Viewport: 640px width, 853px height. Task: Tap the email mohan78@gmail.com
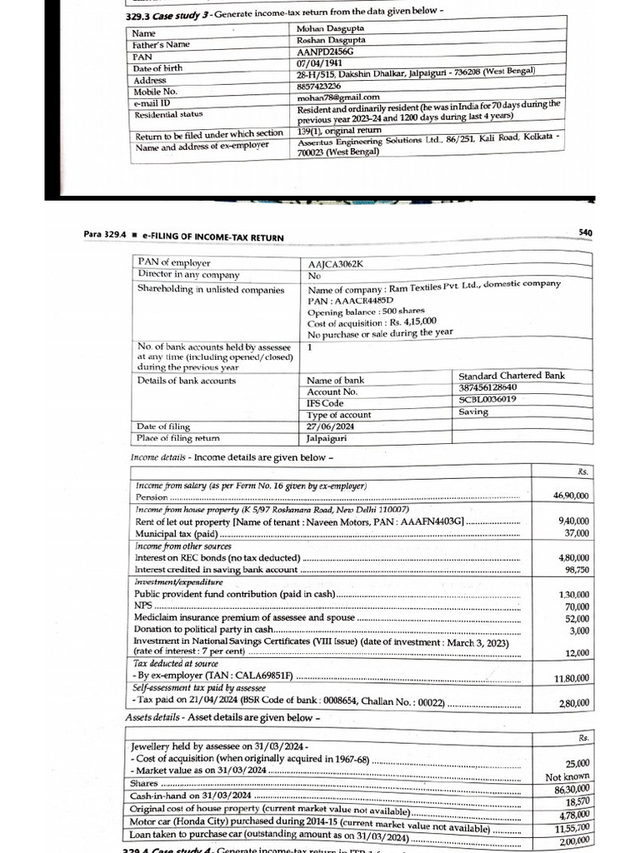332,97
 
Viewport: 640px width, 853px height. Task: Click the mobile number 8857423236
320,86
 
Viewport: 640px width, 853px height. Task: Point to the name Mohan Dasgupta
332,29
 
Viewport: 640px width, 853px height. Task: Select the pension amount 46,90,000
571,496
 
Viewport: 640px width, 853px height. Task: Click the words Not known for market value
567,776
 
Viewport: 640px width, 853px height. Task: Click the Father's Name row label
162,44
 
